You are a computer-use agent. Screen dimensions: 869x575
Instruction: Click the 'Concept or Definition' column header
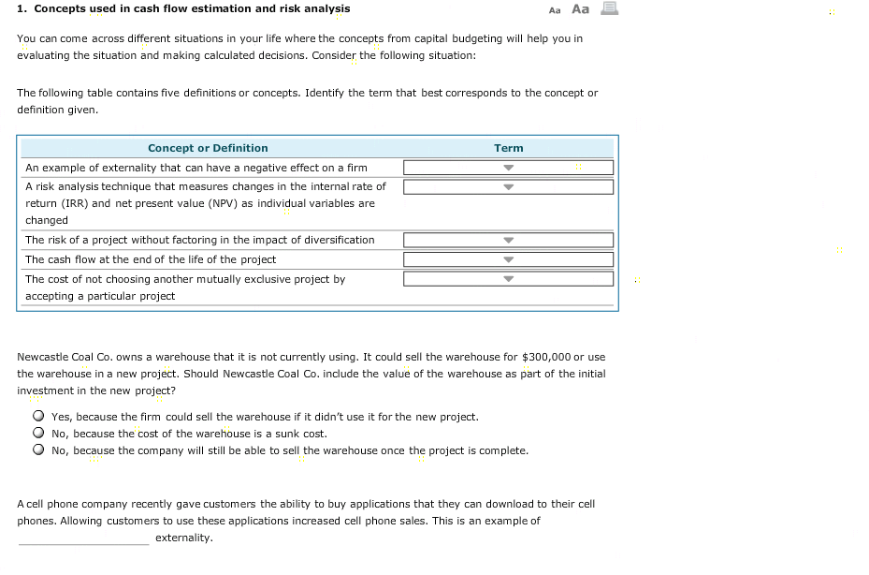tap(208, 148)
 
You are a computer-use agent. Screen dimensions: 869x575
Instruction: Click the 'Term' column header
tap(508, 148)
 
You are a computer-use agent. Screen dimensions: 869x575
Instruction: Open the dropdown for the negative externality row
tap(508, 168)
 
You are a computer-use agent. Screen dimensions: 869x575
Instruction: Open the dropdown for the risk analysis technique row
tap(508, 186)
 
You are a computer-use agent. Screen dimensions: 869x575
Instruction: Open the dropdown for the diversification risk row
tap(508, 241)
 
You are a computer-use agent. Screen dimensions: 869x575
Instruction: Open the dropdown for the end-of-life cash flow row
tap(508, 259)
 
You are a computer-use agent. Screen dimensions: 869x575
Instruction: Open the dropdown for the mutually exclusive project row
tap(508, 279)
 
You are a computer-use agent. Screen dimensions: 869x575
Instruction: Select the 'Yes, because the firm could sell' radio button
tap(38, 417)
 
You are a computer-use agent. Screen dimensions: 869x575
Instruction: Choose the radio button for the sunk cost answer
tap(38, 434)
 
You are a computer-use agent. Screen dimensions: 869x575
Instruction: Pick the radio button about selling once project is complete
tap(38, 450)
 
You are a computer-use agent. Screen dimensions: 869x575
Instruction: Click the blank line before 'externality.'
tap(83, 539)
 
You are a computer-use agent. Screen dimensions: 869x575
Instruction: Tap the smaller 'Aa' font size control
tap(555, 10)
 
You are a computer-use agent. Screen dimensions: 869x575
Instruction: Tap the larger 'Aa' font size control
tap(580, 9)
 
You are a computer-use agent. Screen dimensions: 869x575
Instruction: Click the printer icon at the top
tap(609, 9)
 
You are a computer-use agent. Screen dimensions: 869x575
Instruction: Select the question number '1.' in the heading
tap(22, 8)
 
